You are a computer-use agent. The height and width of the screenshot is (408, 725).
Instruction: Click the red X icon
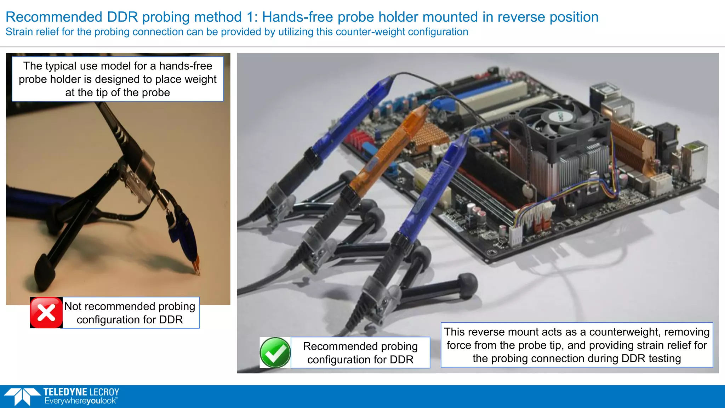pos(46,313)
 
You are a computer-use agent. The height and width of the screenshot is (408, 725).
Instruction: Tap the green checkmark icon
pos(275,353)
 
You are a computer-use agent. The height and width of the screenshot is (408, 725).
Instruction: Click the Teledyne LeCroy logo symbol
pos(22,396)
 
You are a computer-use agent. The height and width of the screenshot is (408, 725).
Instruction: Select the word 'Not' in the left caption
pos(73,306)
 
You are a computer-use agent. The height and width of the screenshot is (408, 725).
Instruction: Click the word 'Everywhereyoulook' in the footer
pos(80,401)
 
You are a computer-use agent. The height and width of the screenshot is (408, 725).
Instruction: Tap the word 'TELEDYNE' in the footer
pos(65,392)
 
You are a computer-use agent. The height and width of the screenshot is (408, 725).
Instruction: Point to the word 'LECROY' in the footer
pos(104,392)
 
